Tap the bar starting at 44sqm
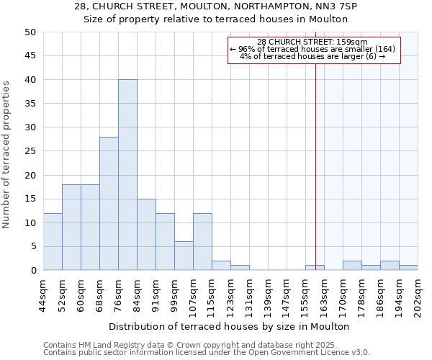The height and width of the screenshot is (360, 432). [53, 242]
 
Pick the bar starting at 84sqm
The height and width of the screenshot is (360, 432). [146, 235]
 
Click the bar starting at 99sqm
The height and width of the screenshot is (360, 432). [184, 256]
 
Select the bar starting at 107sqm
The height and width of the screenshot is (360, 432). [202, 242]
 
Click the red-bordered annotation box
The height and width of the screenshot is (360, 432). [313, 50]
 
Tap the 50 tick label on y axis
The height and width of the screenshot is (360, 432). [30, 32]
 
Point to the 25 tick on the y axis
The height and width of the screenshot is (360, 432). [30, 151]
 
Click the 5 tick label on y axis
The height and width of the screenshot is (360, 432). [33, 247]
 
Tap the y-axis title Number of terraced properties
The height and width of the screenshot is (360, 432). [7, 155]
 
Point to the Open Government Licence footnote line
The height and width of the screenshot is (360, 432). [207, 353]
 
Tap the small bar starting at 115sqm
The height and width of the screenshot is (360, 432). [221, 266]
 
